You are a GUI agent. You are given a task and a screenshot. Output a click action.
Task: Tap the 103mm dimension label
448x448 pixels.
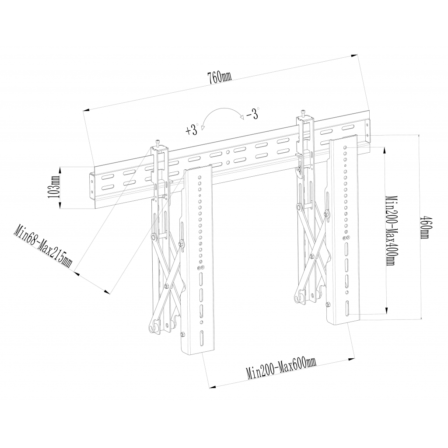tap(55, 187)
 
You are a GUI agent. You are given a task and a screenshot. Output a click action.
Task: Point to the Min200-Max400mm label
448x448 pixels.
tap(390, 231)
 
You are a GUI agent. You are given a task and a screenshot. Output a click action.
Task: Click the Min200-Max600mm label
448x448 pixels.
tap(281, 368)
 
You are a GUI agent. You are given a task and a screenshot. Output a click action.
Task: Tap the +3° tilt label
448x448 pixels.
tap(192, 130)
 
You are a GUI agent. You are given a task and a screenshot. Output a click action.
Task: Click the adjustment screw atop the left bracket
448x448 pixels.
tap(158, 143)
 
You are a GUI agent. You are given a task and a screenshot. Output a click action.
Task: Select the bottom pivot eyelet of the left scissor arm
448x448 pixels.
tap(152, 327)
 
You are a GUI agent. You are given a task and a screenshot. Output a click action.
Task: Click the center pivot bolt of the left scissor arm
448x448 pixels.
tap(167, 286)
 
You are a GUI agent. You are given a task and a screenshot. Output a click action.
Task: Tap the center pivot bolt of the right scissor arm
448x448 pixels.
tap(313, 256)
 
